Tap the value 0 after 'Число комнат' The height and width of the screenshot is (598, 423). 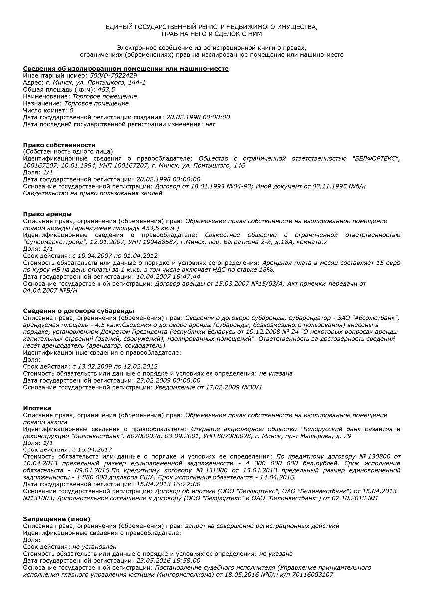71,110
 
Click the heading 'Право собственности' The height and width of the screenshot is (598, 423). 59,145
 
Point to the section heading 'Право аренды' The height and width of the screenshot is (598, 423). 47,214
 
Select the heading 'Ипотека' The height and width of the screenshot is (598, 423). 37,408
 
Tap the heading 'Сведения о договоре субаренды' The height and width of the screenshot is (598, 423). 79,311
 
